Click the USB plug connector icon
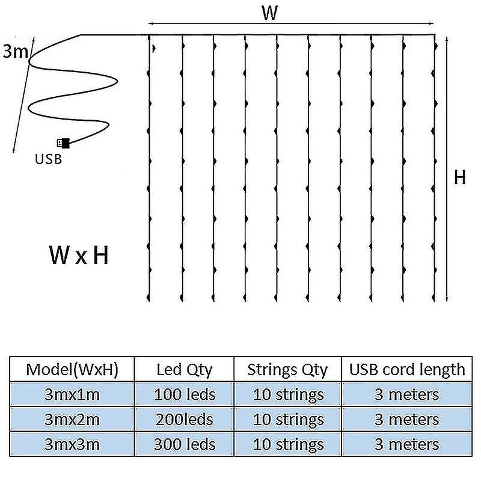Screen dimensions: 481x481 tap(64, 143)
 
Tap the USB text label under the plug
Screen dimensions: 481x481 tap(49, 159)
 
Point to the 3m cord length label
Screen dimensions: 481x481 tap(16, 51)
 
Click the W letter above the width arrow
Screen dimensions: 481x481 tap(270, 13)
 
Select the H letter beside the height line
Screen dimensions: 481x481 tap(460, 177)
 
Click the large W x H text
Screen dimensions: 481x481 tap(79, 255)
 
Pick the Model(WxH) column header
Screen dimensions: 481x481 tap(72, 370)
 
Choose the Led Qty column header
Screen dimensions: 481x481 tap(185, 370)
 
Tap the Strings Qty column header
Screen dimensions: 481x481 tap(287, 370)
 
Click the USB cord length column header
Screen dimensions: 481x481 tap(407, 370)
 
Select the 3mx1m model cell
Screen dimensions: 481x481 tap(72, 394)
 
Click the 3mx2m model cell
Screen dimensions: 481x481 tap(72, 419)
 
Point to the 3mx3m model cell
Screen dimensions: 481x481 tap(72, 444)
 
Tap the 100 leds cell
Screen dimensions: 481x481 tap(185, 394)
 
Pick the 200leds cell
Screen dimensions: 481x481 tap(185, 419)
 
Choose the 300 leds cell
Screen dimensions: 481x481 tap(185, 444)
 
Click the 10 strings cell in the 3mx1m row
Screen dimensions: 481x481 tap(288, 395)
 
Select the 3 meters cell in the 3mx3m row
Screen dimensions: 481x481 tap(407, 444)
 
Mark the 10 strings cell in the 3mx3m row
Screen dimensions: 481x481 tap(288, 445)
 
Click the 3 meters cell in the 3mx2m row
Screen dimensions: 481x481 tap(407, 419)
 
